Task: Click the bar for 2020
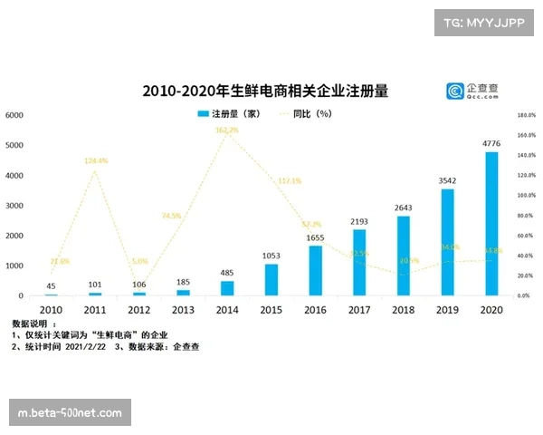coord(491,224)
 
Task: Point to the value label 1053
coord(271,256)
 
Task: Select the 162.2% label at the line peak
coord(227,130)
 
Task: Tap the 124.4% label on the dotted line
coord(96,160)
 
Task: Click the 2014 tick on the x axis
coord(227,308)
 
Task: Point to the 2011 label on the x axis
coord(95,308)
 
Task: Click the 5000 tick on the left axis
coord(14,145)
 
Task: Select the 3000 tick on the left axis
coord(14,206)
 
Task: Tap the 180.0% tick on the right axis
coord(527,115)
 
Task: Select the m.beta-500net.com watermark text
coord(70,413)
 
